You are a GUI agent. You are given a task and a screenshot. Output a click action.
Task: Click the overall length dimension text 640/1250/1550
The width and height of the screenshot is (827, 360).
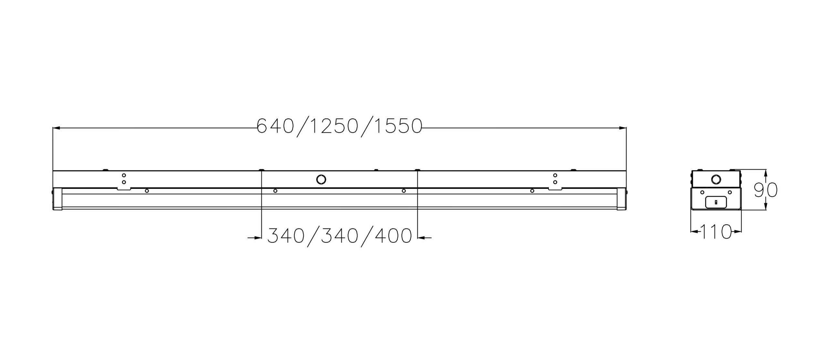[x=340, y=126]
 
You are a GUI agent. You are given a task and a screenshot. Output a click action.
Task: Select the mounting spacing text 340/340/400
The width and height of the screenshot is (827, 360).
[x=340, y=236]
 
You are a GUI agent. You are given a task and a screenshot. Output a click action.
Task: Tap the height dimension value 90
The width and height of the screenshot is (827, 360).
[x=766, y=190]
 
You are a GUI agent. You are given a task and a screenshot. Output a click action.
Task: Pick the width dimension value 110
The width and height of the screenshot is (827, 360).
[x=716, y=231]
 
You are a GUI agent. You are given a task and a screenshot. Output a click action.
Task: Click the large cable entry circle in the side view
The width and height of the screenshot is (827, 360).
[x=321, y=179]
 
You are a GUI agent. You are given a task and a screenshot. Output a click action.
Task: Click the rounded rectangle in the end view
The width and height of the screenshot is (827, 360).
[x=716, y=202]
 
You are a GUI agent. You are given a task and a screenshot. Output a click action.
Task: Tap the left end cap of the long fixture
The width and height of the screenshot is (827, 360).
[x=57, y=199]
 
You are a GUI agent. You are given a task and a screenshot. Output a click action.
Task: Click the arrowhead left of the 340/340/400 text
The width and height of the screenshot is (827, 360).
[x=257, y=238]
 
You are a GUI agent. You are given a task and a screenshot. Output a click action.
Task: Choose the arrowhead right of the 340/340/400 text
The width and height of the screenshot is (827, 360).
[x=421, y=238]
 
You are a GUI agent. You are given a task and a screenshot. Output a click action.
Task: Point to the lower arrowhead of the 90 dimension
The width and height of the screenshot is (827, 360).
[x=766, y=207]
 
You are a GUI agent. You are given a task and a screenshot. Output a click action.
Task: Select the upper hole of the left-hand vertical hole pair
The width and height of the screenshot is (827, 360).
[x=124, y=176]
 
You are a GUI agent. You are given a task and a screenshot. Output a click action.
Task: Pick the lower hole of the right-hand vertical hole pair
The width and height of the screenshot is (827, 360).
[x=555, y=182]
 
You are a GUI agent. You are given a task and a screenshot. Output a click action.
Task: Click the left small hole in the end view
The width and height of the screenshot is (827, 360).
[x=702, y=193]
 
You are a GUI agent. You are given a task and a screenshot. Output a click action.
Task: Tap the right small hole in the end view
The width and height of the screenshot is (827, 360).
[x=730, y=193]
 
